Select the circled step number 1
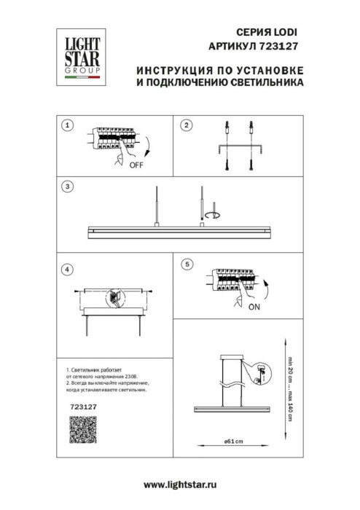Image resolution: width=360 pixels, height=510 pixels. (68, 125)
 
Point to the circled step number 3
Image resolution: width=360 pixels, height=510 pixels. (68, 187)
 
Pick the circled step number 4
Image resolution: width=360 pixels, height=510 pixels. (68, 269)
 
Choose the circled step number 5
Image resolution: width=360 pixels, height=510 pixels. (187, 263)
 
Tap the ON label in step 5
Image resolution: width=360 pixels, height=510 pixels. (254, 307)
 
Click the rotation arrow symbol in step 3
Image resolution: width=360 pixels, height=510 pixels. (213, 216)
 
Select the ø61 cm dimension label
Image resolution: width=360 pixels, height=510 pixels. (233, 441)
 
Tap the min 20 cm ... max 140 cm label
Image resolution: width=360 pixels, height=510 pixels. (289, 384)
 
